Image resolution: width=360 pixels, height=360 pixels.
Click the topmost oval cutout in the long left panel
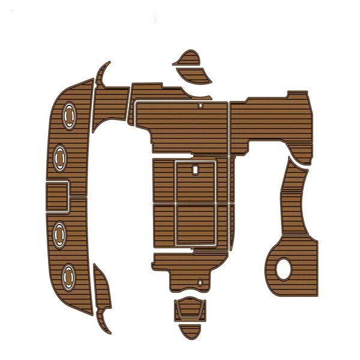68,115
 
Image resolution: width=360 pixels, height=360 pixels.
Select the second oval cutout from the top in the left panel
61,157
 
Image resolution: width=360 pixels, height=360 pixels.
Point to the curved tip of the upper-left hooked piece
107,64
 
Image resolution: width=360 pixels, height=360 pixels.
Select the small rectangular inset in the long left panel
58,197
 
